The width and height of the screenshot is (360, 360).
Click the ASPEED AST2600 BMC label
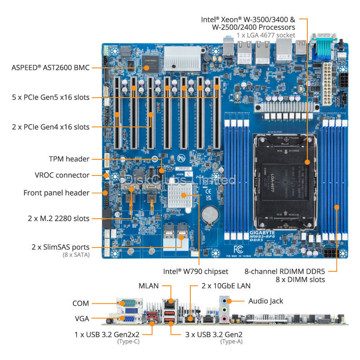tap(50, 67)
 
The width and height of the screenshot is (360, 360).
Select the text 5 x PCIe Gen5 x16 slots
tap(50, 97)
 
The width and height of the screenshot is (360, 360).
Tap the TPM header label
tap(69, 159)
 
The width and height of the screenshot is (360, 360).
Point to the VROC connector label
tap(62, 175)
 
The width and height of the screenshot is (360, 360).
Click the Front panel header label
tap(56, 193)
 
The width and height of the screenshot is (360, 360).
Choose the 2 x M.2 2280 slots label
tap(58, 219)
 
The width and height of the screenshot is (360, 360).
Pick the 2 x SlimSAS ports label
tap(60, 247)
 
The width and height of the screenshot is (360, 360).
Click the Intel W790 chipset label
tap(196, 271)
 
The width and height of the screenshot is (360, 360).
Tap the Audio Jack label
tap(266, 301)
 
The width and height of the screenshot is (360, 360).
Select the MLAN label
tap(148, 285)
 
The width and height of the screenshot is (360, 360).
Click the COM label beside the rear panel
tap(81, 303)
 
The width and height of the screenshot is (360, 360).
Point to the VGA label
tap(81, 319)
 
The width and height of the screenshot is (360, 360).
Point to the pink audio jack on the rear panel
tap(224, 318)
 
